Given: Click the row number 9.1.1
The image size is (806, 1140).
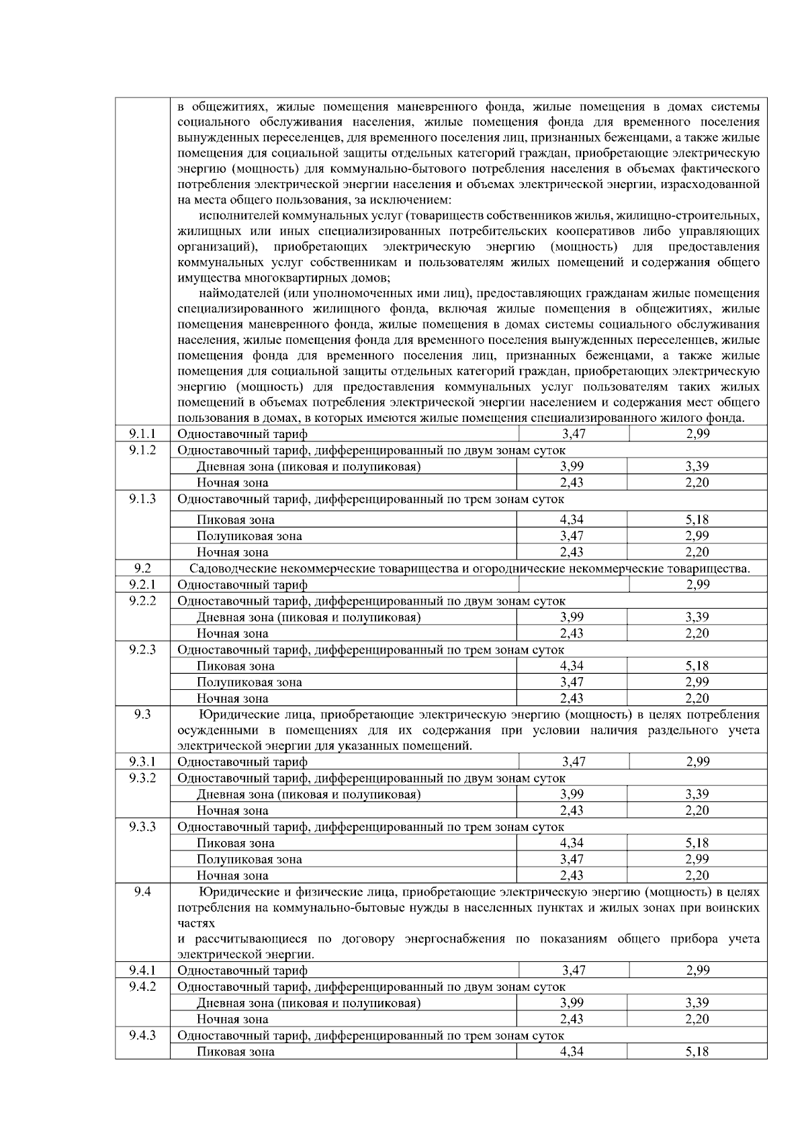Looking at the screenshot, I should click(142, 434).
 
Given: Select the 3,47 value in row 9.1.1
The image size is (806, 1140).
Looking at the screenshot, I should click(573, 434).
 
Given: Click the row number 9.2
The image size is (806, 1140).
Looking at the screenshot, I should click(142, 568).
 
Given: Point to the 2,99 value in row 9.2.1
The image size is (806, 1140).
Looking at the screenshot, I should click(697, 584).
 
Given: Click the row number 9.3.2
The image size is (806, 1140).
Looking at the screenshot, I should click(142, 778).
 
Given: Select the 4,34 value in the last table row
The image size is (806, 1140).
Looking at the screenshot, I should click(572, 1052).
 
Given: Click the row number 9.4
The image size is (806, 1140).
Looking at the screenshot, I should click(142, 892).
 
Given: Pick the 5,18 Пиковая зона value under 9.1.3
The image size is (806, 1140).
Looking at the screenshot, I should click(697, 519).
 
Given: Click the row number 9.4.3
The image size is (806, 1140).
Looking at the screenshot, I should click(142, 1035).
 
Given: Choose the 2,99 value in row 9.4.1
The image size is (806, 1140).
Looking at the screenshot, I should click(697, 970).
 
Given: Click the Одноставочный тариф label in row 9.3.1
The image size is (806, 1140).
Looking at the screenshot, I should click(242, 762).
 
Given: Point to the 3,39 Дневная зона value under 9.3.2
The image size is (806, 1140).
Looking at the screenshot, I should click(697, 794).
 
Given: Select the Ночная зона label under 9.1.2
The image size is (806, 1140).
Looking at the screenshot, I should click(232, 482).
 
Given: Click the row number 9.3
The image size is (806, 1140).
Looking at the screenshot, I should click(142, 715).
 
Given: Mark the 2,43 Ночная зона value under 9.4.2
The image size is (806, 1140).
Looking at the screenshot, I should click(572, 1019).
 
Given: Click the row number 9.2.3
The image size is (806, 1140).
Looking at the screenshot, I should click(142, 650).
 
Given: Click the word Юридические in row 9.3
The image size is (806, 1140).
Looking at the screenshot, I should click(232, 715).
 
